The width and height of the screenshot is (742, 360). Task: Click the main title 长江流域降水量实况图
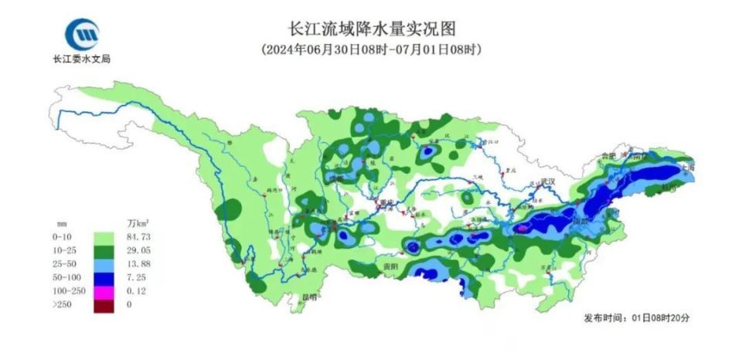[x=371, y=29]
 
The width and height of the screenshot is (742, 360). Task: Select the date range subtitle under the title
[x=371, y=49]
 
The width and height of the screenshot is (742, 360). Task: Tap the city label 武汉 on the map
[x=549, y=180]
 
